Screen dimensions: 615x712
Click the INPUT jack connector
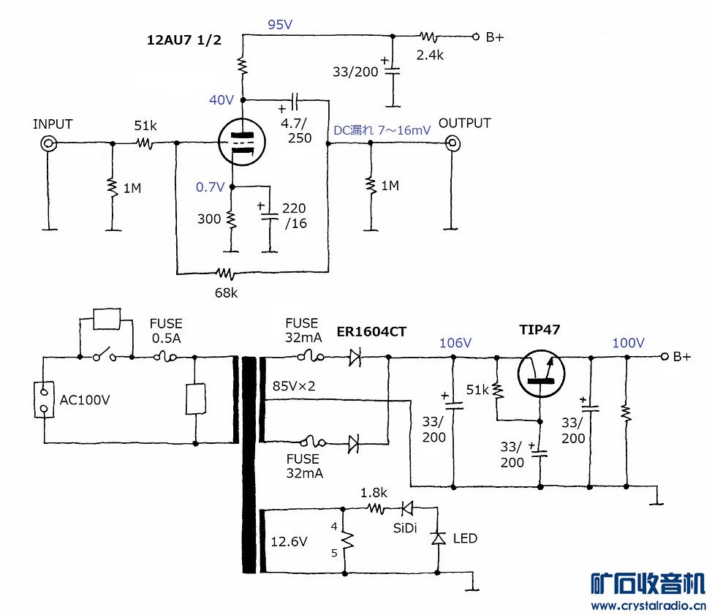pyautogui.click(x=49, y=143)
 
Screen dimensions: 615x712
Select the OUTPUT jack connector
pyautogui.click(x=454, y=143)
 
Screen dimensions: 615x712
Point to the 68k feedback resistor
pyautogui.click(x=225, y=274)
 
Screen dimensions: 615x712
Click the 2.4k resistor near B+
pyautogui.click(x=431, y=36)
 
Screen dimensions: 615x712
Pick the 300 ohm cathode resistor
pyautogui.click(x=231, y=219)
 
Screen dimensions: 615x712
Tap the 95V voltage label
pyautogui.click(x=280, y=25)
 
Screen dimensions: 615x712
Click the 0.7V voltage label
pyautogui.click(x=210, y=187)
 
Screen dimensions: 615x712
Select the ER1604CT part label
pyautogui.click(x=371, y=331)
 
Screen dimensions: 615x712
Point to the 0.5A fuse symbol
pyautogui.click(x=166, y=358)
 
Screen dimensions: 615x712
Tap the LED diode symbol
pyautogui.click(x=438, y=538)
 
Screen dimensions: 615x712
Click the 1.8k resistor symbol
pyautogui.click(x=376, y=508)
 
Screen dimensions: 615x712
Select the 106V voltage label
pyautogui.click(x=455, y=343)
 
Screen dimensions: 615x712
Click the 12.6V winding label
pyautogui.click(x=289, y=542)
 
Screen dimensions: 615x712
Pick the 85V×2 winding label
pyautogui.click(x=293, y=385)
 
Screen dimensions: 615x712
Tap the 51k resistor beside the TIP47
pyautogui.click(x=497, y=389)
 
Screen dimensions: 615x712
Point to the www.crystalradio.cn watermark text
pyautogui.click(x=648, y=605)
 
